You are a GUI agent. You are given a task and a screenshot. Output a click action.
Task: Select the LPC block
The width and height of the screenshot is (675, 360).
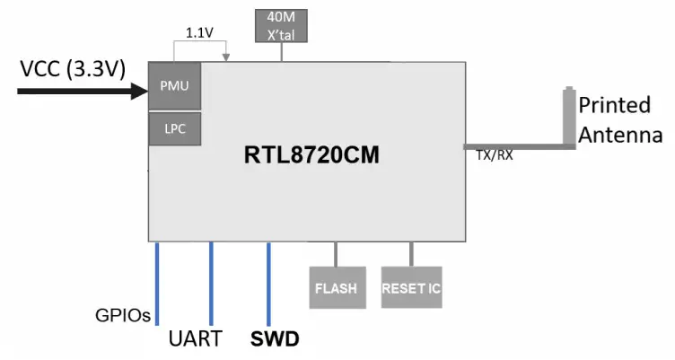point(175,129)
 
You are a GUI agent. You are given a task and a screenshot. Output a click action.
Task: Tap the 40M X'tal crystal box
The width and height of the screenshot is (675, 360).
point(283,26)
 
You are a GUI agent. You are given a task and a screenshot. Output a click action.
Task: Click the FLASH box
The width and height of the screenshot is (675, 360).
point(336,288)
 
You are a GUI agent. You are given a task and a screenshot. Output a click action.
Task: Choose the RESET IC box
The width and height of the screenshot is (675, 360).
point(411,288)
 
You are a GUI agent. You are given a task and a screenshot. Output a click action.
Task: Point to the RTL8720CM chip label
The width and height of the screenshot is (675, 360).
point(311,155)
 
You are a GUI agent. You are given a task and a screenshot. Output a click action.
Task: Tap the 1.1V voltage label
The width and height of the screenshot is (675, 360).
point(198,32)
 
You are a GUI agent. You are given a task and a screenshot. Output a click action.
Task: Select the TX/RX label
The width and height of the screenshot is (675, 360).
point(494,155)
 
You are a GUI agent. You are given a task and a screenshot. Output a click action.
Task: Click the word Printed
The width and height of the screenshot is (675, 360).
point(614,105)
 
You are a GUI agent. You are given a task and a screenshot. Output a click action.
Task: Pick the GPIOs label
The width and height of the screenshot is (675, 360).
point(122,316)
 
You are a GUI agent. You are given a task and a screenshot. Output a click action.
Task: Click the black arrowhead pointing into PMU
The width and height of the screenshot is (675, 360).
point(139,90)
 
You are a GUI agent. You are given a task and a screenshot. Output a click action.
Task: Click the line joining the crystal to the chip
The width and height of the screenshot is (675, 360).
point(283,53)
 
